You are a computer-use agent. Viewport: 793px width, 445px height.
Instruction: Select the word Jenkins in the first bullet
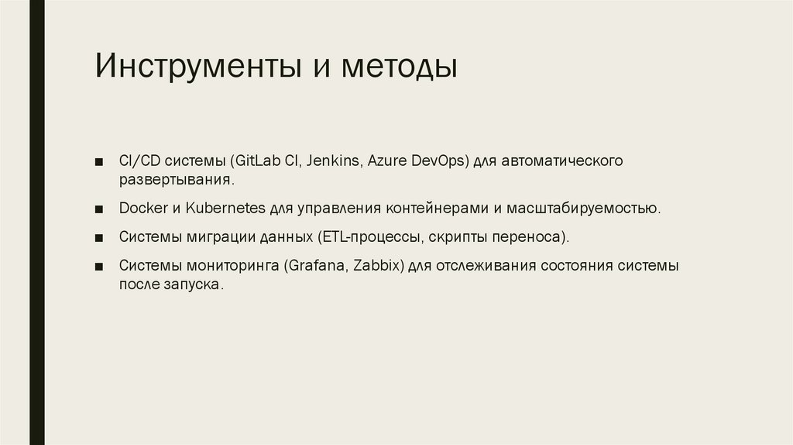click(334, 161)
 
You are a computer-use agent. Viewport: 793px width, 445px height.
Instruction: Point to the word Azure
click(388, 161)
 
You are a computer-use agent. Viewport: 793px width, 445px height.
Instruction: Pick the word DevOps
click(439, 161)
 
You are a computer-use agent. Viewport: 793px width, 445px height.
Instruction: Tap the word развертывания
click(176, 180)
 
